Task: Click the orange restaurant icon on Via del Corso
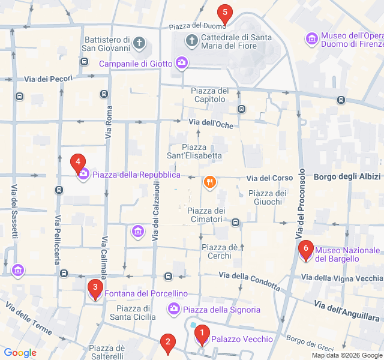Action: point(209,182)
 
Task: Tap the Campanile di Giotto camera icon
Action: point(182,62)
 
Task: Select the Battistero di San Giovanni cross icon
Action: point(139,43)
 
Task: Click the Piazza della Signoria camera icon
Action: point(173,308)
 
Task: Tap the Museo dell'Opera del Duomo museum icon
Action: point(312,39)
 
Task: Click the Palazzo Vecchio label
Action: point(242,339)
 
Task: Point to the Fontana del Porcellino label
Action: point(146,293)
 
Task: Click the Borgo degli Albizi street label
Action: point(347,176)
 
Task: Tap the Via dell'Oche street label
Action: point(211,124)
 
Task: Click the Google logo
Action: point(20,353)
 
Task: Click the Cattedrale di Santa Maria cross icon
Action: point(191,41)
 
